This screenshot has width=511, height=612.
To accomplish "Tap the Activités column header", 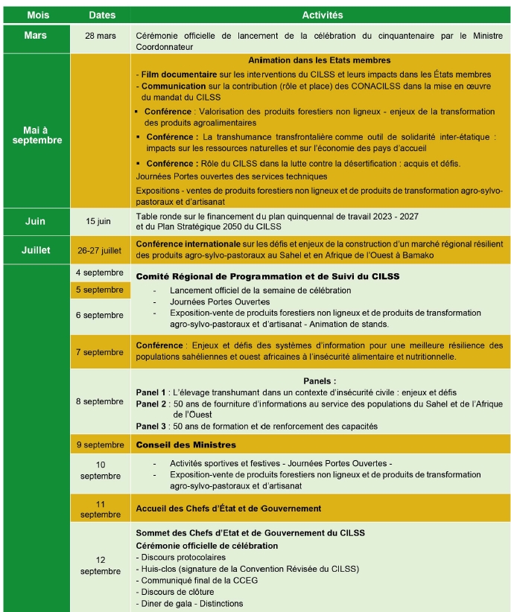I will [322, 15].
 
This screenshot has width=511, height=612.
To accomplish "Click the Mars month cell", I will [35, 35].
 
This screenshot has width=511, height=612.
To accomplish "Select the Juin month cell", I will [35, 221].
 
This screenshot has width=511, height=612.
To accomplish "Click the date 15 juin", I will [100, 221].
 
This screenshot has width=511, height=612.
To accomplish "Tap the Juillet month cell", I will [35, 249].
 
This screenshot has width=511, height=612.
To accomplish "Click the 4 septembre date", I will [100, 272].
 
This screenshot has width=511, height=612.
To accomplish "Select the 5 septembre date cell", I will [100, 290].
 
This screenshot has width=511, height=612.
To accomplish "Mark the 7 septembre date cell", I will [100, 352].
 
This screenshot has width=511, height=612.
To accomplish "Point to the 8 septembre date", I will [100, 401].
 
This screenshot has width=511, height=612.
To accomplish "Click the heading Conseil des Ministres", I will [185, 445].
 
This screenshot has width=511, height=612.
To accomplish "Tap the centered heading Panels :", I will [320, 380].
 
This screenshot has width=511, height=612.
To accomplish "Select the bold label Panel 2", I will [151, 404].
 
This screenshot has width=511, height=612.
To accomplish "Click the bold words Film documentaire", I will [174, 74].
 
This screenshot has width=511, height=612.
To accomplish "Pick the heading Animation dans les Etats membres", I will [320, 60].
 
